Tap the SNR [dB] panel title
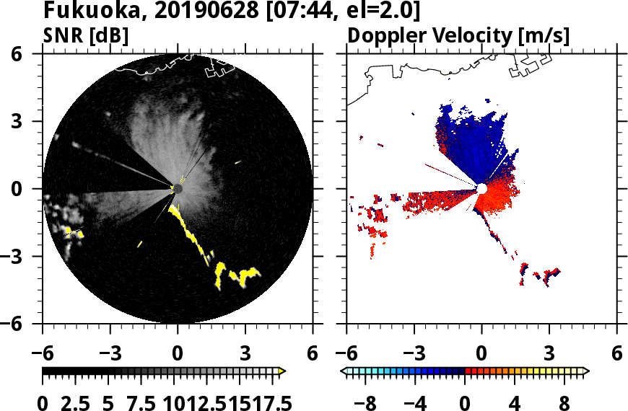tap(86, 36)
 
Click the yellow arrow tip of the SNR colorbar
tap(282, 371)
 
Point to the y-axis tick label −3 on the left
tap(23, 257)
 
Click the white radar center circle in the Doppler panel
tap(481, 189)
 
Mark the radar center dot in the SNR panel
tap(178, 189)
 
